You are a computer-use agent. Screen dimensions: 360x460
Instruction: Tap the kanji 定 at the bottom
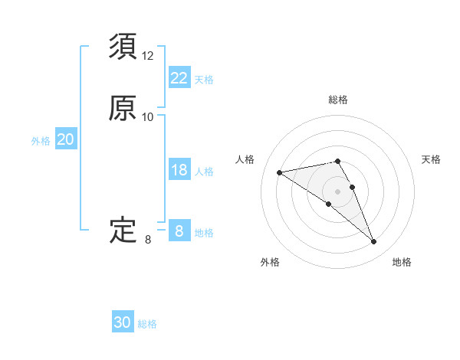tap(123, 230)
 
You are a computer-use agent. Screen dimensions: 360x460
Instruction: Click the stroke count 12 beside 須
tap(148, 56)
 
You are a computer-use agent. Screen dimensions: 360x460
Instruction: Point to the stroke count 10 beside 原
tap(148, 117)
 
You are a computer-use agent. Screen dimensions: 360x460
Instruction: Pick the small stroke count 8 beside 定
tap(148, 240)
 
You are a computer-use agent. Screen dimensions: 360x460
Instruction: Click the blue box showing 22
tap(179, 78)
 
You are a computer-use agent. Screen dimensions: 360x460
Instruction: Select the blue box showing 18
tap(179, 170)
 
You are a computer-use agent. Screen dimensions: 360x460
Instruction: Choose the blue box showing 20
tap(66, 139)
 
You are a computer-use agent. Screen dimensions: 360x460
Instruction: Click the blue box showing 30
tap(123, 322)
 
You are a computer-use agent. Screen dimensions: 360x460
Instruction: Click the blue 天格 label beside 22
tap(204, 80)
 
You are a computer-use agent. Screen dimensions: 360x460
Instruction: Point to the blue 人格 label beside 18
tap(204, 172)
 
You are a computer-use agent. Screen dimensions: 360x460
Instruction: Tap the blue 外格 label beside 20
tap(41, 141)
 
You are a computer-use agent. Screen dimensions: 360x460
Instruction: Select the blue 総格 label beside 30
tap(147, 324)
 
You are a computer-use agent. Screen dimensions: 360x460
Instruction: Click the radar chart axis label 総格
tap(338, 100)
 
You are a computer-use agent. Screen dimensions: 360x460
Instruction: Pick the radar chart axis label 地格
tap(402, 262)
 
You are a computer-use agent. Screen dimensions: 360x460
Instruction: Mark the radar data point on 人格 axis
tap(280, 172)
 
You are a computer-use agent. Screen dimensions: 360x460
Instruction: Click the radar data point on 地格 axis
tap(374, 242)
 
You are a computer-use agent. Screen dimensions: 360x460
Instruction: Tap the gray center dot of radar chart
tap(337, 191)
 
